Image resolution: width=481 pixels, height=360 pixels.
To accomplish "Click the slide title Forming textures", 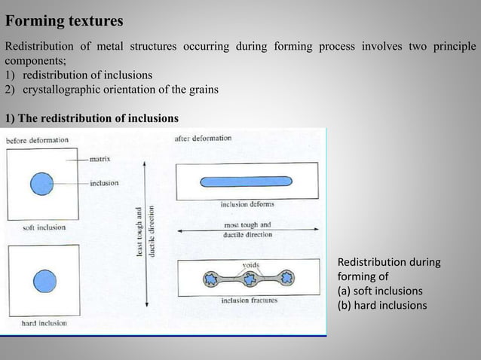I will pos(64,20).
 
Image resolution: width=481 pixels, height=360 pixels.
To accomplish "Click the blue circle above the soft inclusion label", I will pos(42,183).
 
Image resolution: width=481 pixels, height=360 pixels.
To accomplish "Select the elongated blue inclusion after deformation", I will pos(247,182).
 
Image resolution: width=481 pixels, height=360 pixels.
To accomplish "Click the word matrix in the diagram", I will pos(101,159).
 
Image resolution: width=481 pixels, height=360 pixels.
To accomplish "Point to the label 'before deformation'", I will pos(38,140).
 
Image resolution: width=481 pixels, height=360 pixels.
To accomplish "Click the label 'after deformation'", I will pos(203,139).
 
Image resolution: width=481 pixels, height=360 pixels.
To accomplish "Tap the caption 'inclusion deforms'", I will pos(247,203).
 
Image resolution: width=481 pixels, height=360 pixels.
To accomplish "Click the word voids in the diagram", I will pos(251,264).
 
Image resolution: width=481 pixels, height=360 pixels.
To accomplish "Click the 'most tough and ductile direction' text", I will pos(247,230).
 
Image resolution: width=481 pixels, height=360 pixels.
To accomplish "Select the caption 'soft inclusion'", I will pos(44,227).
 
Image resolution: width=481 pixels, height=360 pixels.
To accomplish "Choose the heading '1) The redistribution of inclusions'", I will pos(92,118).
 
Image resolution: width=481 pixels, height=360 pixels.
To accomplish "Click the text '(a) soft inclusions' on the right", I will pos(380,291).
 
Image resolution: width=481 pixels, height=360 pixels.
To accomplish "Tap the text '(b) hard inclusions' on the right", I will pos(381,305).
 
